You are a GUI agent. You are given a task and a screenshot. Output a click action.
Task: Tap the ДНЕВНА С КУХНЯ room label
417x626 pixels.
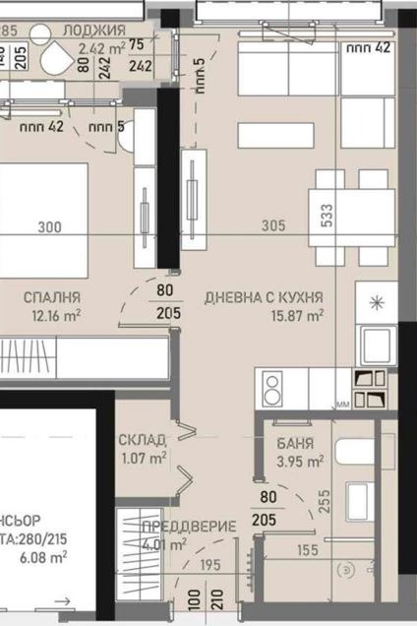pyautogui.click(x=264, y=296)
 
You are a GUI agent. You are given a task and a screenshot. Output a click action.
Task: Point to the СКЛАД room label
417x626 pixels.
pyautogui.click(x=142, y=439)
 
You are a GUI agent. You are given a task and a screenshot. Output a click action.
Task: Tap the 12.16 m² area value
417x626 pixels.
pyautogui.click(x=54, y=315)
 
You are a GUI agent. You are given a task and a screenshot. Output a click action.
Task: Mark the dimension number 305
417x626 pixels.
pyautogui.click(x=273, y=226)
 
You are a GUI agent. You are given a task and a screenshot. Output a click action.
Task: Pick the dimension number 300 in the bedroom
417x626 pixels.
pyautogui.click(x=49, y=226)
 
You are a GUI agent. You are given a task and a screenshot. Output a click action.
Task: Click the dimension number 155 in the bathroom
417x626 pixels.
pyautogui.click(x=307, y=551)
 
